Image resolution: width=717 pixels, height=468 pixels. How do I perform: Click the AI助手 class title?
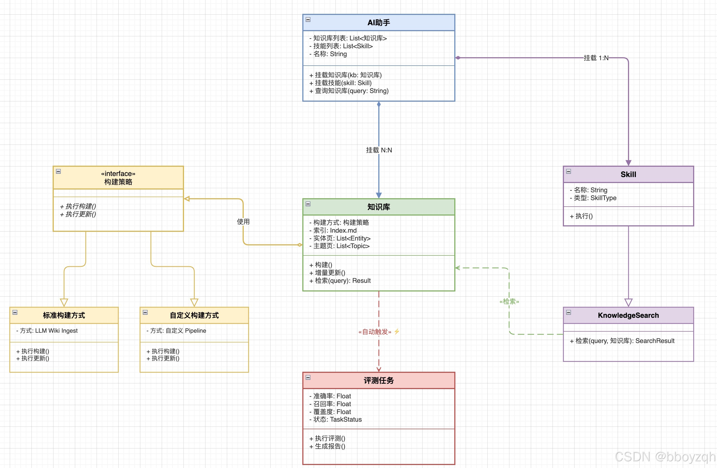pyautogui.click(x=379, y=23)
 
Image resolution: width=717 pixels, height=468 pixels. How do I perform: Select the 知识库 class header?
pyautogui.click(x=379, y=207)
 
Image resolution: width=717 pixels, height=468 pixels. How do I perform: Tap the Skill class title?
pyautogui.click(x=629, y=175)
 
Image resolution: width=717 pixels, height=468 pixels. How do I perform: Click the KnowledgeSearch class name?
pyautogui.click(x=629, y=315)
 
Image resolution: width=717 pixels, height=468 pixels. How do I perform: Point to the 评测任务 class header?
pyautogui.click(x=379, y=381)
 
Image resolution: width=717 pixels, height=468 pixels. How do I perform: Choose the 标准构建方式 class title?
pyautogui.click(x=64, y=315)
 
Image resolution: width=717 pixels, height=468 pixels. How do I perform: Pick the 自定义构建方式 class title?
pyautogui.click(x=194, y=315)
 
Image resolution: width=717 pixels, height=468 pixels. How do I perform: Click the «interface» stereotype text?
pyautogui.click(x=118, y=174)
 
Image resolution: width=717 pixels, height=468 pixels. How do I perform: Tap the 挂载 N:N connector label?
pyautogui.click(x=379, y=150)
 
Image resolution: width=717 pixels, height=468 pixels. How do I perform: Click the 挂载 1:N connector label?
pyautogui.click(x=596, y=58)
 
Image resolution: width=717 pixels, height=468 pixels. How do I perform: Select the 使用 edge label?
pyautogui.click(x=243, y=222)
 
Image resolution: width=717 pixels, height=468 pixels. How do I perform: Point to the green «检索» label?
pyautogui.click(x=509, y=302)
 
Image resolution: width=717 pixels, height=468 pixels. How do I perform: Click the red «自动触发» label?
pyautogui.click(x=375, y=332)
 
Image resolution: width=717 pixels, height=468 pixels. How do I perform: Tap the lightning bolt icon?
pyautogui.click(x=397, y=332)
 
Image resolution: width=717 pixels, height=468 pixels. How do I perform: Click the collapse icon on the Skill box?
pyautogui.click(x=569, y=171)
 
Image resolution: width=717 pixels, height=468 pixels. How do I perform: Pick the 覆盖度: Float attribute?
pyautogui.click(x=330, y=412)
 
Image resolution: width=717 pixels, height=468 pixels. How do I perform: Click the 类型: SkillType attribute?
pyautogui.click(x=593, y=198)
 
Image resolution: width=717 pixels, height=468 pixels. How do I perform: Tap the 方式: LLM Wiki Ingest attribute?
pyautogui.click(x=47, y=331)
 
